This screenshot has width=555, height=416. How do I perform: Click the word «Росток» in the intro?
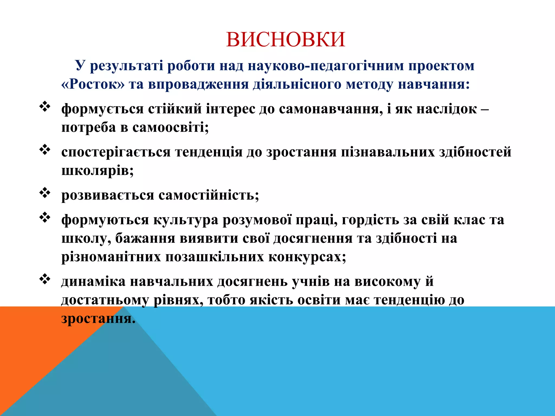[x=93, y=84]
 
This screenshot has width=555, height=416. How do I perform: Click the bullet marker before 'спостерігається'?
[x=45, y=150]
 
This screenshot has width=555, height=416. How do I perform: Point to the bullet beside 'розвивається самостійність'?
[x=45, y=193]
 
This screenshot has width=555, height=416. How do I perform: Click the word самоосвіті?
[x=170, y=127]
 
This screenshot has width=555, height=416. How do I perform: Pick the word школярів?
[x=97, y=171]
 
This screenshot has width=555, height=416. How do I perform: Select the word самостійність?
[x=209, y=195]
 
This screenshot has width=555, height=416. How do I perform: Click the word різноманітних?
[x=111, y=257]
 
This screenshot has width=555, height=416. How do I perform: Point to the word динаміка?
[x=93, y=281]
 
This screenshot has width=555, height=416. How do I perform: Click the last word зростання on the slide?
[x=98, y=318]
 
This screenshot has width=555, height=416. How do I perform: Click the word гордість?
[x=370, y=220]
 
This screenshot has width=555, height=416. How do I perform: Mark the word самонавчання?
[x=331, y=109]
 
